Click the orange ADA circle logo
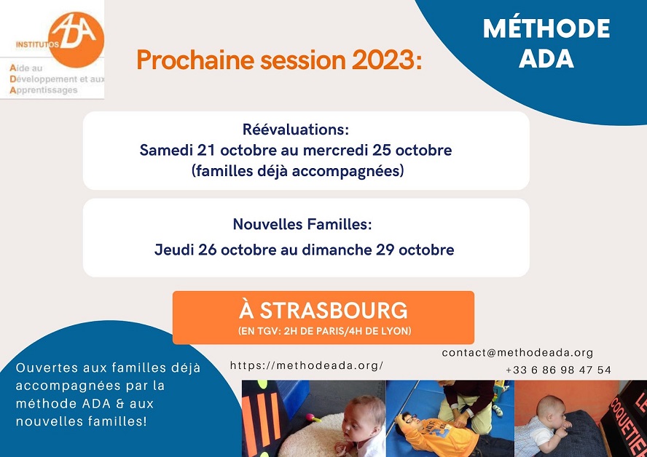76,39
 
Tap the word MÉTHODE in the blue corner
546,29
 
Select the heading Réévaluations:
295,130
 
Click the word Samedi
166,150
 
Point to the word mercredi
335,150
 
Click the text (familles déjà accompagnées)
297,170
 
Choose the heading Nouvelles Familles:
302,224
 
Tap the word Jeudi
175,250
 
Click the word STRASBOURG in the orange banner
334,310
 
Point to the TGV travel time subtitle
324,331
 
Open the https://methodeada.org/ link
307,365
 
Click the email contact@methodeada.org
517,353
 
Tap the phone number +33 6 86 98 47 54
558,370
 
